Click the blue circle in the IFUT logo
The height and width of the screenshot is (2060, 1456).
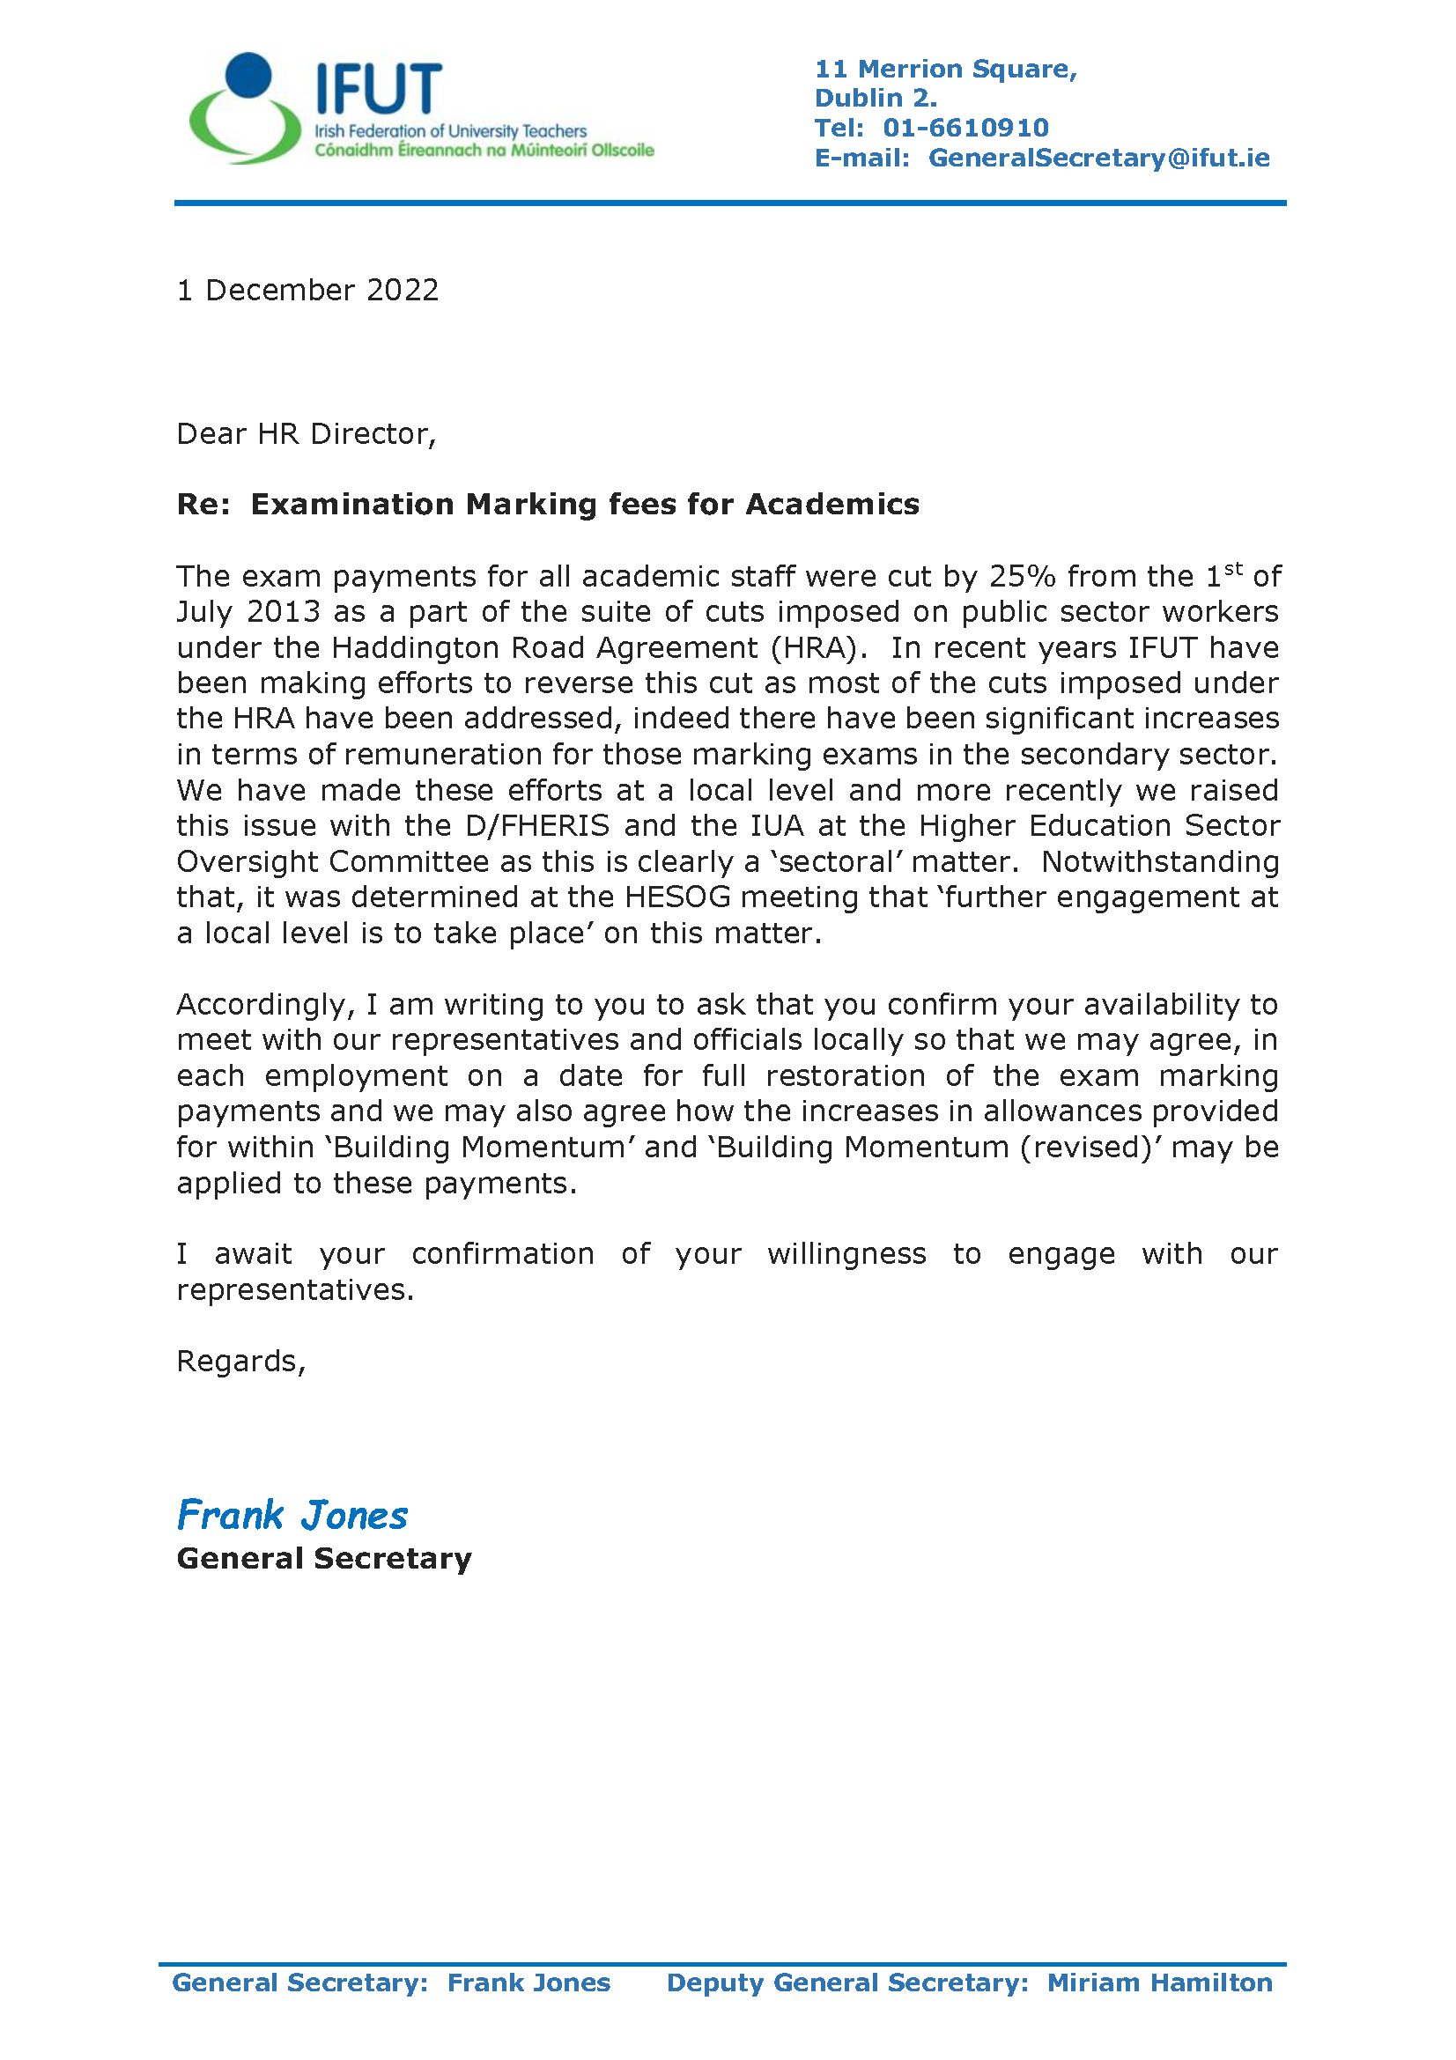pos(248,75)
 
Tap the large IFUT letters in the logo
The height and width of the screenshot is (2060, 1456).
pos(378,89)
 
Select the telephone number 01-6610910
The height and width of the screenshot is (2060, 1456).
pos(965,128)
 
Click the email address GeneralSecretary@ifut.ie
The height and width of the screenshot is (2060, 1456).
pos(1098,158)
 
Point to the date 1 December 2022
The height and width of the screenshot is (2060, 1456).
pos(307,290)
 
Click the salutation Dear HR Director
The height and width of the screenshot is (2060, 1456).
pos(306,434)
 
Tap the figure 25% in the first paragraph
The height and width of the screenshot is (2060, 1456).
pos(1022,576)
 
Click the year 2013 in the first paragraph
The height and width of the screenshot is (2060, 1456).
pos(284,612)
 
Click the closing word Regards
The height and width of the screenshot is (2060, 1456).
pos(240,1361)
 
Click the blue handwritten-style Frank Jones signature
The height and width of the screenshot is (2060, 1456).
pos(292,1516)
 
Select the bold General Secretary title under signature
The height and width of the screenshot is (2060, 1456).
pos(324,1559)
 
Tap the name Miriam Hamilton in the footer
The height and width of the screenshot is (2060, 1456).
pos(1159,1982)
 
